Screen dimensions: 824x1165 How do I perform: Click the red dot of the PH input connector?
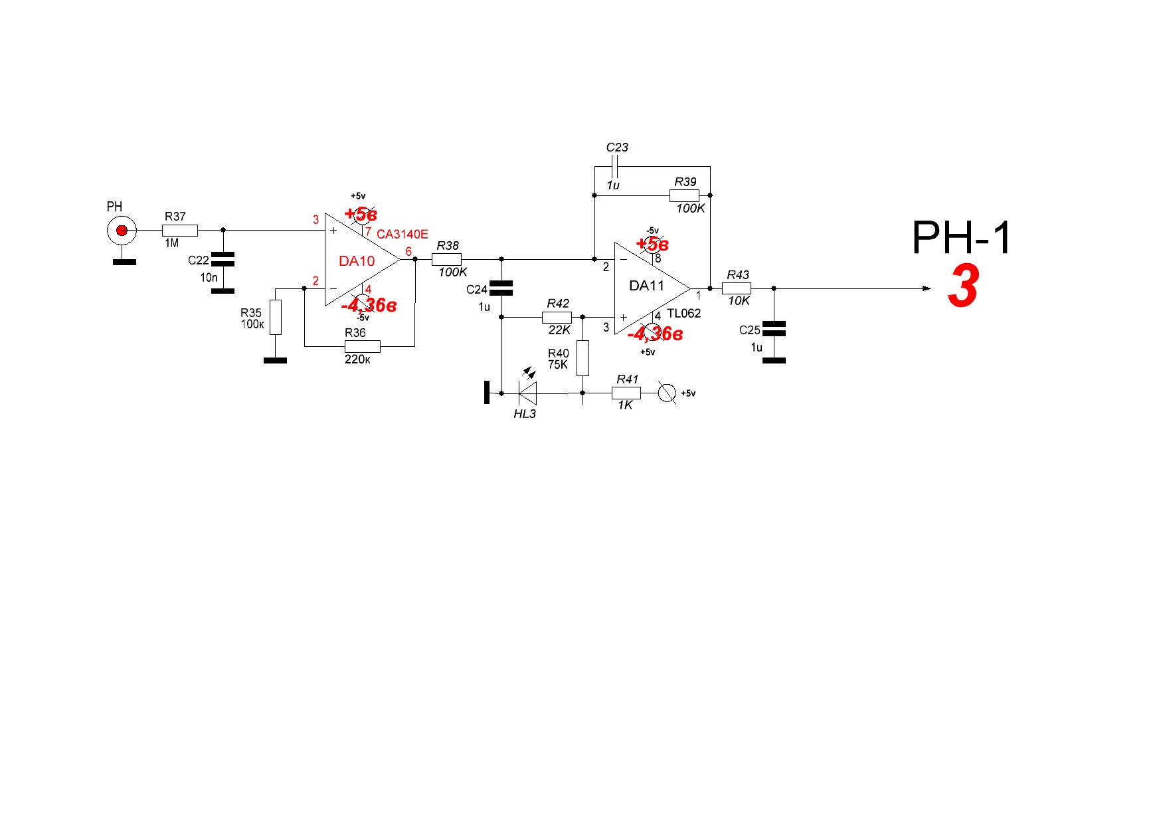coord(122,231)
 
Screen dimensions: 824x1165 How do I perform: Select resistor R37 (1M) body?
coord(179,231)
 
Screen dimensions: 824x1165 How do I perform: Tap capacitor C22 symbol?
coord(223,259)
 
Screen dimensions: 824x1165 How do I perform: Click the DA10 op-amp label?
coord(357,261)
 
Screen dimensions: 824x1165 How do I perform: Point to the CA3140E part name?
coord(402,235)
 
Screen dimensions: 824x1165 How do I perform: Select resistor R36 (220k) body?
coord(362,346)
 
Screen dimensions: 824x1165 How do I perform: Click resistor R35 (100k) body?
coord(276,317)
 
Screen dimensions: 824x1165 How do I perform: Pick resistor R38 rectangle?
coord(446,259)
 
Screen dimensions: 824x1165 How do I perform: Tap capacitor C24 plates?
coord(501,288)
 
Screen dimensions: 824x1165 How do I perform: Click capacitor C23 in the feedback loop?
coord(614,166)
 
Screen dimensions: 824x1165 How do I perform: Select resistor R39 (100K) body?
coord(684,195)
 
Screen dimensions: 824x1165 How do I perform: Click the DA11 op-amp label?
coord(646,286)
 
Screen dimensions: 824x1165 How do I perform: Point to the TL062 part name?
coord(683,314)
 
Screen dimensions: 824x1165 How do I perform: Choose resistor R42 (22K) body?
coord(557,317)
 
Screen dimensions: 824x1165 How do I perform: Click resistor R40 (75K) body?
coord(582,358)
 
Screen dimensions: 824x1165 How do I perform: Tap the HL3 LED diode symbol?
coord(528,393)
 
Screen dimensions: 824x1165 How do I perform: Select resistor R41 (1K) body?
coord(626,393)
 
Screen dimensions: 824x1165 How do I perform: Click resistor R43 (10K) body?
coord(737,288)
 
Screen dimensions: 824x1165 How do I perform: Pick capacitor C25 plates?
coord(774,328)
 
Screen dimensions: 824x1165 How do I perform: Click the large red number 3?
coord(963,286)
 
